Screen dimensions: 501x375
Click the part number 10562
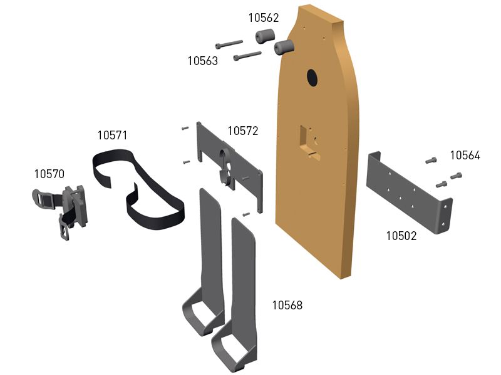264,18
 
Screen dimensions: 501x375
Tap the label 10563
203,61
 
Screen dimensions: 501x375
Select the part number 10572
243,131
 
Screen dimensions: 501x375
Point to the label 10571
112,135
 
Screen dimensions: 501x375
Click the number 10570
49,174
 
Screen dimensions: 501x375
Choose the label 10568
287,305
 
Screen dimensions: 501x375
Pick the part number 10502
401,236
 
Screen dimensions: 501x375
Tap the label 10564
465,155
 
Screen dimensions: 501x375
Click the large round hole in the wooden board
312,77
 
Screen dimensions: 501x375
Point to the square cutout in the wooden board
307,139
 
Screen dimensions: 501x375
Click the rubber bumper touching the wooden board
284,47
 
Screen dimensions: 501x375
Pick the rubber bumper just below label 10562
265,36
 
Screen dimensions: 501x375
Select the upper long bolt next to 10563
229,44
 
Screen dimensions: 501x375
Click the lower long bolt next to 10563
247,56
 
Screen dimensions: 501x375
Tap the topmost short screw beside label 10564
431,160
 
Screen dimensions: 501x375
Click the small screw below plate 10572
246,214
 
